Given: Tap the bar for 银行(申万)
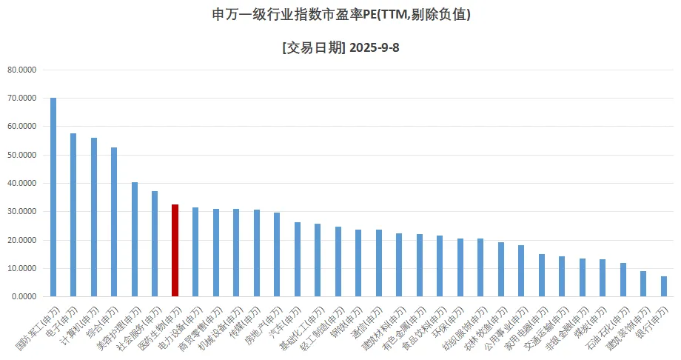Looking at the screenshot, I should point(663,286).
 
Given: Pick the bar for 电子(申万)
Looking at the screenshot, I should point(73,215).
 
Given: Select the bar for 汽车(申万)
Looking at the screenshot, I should point(297,259).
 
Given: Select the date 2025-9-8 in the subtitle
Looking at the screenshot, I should point(375,48).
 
